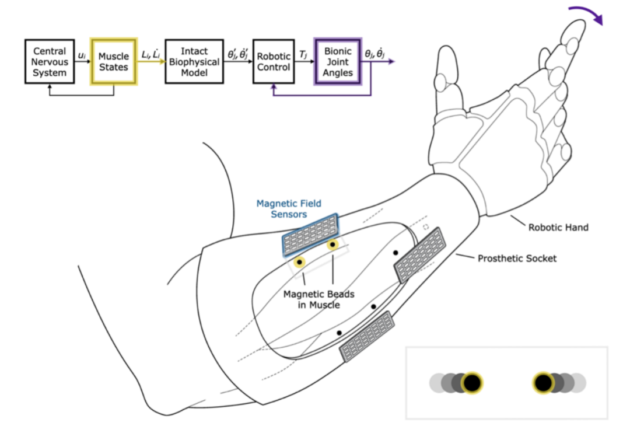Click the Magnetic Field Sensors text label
[x=289, y=209]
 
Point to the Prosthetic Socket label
[x=517, y=258]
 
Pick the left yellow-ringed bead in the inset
[x=472, y=383]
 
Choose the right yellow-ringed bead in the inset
[x=544, y=383]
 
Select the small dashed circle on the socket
[x=426, y=226]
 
